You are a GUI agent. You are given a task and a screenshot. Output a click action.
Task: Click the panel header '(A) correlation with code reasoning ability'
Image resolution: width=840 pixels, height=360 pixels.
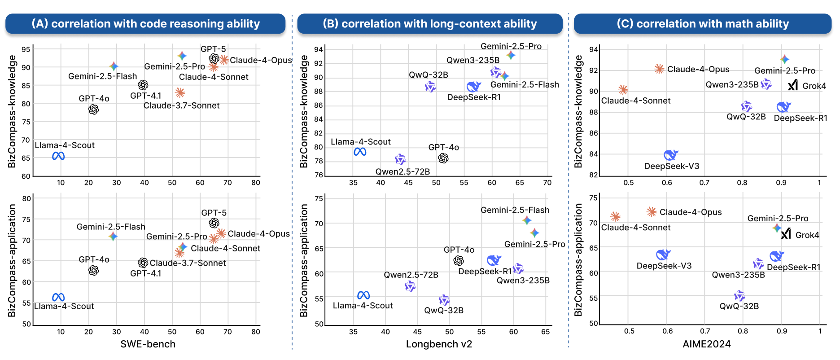tap(145, 24)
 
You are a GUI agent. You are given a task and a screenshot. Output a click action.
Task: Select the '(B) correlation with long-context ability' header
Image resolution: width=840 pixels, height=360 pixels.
tap(429, 24)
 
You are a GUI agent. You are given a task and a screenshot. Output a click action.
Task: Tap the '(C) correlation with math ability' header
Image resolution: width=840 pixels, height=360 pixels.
tap(702, 24)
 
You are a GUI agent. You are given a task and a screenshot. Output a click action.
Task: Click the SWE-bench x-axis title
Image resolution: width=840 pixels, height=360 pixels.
tap(148, 344)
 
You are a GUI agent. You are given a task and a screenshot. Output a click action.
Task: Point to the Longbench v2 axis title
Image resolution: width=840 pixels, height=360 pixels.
tap(439, 344)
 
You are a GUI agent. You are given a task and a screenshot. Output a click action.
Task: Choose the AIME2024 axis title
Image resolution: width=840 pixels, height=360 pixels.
tap(706, 344)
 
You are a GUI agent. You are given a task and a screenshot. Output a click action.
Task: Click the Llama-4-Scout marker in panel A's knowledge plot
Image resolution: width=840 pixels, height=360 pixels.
tap(58, 156)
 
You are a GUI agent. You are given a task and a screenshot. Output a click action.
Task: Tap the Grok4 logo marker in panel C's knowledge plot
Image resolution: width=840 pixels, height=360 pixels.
tap(793, 85)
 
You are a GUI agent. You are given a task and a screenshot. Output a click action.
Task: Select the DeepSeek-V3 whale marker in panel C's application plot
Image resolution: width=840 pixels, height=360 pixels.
tap(663, 255)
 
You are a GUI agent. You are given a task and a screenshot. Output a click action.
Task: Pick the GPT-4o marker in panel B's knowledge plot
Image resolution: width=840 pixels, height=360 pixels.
tap(443, 158)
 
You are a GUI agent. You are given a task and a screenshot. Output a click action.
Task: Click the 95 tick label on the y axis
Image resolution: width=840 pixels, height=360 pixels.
tap(26, 49)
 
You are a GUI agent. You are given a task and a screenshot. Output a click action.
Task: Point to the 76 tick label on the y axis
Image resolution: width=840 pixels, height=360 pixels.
tap(319, 175)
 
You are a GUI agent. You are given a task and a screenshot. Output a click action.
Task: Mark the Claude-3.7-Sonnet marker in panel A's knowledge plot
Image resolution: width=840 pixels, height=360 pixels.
tap(180, 93)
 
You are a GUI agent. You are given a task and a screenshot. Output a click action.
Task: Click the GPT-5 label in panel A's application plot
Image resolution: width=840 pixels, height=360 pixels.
tap(214, 213)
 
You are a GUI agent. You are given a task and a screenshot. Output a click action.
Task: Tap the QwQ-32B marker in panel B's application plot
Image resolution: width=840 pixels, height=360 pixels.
tap(444, 300)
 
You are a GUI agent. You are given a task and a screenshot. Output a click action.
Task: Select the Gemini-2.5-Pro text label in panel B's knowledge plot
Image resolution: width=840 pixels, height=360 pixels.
tap(511, 46)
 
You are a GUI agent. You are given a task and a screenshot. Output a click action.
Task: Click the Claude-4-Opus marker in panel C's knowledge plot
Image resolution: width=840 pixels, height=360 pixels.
tap(659, 69)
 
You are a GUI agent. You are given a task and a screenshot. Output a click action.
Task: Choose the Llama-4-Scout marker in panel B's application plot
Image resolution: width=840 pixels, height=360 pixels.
tap(363, 295)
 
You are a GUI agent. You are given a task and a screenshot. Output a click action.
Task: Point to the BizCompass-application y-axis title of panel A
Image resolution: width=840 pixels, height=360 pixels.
tap(12, 260)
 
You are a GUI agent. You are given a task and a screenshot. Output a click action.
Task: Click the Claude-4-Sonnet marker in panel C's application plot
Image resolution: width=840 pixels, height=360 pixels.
tap(615, 217)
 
